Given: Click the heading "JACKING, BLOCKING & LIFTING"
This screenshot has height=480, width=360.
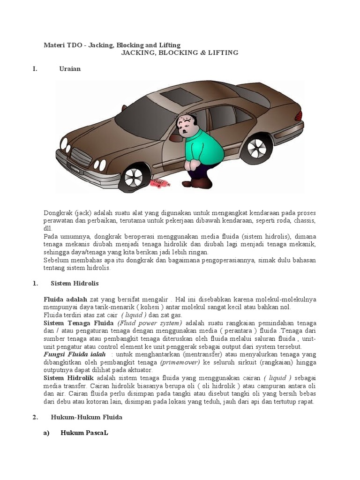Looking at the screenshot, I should pos(180,53).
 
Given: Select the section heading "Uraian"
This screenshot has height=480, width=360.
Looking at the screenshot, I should pos(70,69).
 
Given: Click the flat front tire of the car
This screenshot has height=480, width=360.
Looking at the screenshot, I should pos(133,177).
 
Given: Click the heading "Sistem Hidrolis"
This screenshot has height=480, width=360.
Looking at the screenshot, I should pos(75,284).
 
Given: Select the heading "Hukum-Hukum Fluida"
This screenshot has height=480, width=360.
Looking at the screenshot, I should pos(86,417).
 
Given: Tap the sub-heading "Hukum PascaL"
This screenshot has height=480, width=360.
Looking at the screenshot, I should pos(84,433).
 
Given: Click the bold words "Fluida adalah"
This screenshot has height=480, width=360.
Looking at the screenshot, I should pos(65,299).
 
